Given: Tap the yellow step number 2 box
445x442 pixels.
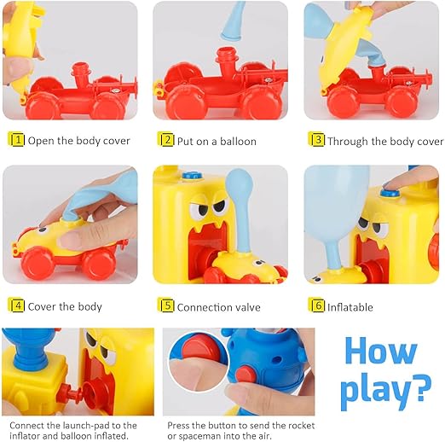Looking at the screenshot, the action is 167,140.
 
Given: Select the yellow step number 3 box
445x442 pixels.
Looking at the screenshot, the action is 317,140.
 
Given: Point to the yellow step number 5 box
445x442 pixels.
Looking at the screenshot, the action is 167,305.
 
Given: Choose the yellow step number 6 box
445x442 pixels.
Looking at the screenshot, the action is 317,305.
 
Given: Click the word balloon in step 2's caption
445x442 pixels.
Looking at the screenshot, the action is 238,142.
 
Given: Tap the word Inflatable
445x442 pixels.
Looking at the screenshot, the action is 350,307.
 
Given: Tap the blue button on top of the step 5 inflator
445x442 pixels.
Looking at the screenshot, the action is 192,175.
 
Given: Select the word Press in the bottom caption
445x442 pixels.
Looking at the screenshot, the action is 178,426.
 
